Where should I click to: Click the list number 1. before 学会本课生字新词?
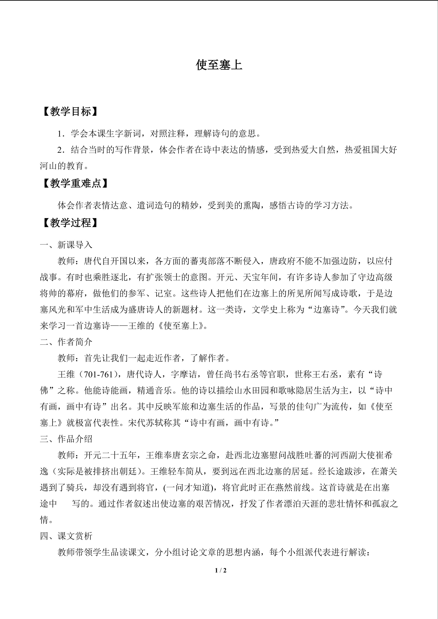pos(61,134)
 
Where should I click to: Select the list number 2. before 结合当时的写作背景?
pos(61,150)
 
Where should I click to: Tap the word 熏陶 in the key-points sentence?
pos(251,206)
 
